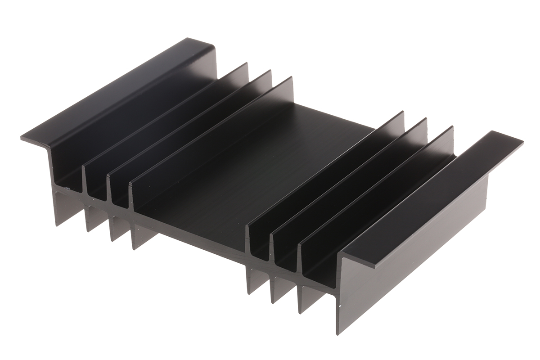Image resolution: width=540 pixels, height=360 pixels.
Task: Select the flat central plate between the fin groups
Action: (252, 166)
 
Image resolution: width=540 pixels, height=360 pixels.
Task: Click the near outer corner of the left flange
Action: (22, 137)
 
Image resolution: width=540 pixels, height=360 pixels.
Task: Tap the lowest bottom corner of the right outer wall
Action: (338, 333)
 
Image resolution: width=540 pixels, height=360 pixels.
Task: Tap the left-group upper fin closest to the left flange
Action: (166, 121)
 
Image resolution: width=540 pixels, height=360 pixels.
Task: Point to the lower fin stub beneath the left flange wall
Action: (61, 207)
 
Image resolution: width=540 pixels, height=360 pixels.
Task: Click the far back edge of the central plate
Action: (333, 115)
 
